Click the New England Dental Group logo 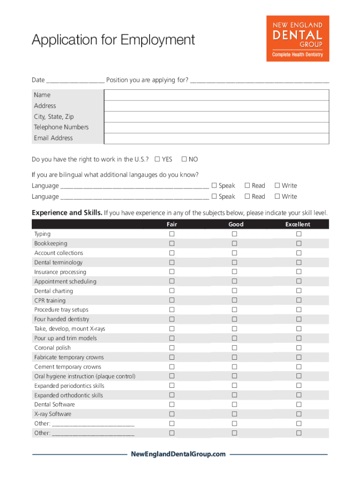pos(298,38)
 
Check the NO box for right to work pos(184,160)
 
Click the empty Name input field pos(216,95)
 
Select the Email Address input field pos(216,138)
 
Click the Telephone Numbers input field pos(216,128)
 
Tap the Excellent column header pos(298,225)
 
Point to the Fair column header pos(172,225)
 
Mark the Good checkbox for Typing pos(234,234)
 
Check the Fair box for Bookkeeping pos(172,243)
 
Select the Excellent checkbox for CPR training pos(299,300)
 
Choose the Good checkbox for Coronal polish pos(234,348)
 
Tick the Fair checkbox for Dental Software pos(172,404)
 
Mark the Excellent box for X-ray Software pos(299,414)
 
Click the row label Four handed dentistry pos(62,319)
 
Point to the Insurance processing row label pos(60,272)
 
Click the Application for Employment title pos(113,40)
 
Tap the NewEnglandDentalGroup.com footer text pos(178,454)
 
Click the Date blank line pos(75,81)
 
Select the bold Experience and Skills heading pos(67,213)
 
